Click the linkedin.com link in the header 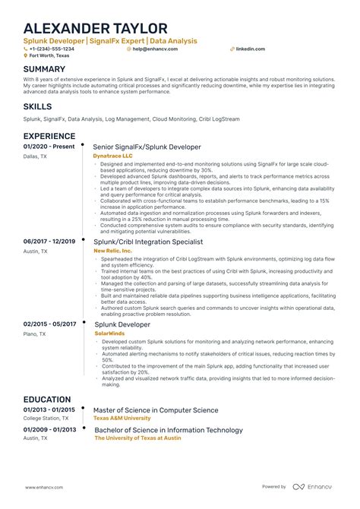(250, 48)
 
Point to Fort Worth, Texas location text (51, 55)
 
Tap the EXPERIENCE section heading (49, 135)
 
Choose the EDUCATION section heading (48, 398)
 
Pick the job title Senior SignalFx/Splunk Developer (147, 147)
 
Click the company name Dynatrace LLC (113, 155)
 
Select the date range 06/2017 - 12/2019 (49, 242)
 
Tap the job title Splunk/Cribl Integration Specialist (148, 242)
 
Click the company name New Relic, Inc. (112, 250)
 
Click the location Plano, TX (35, 334)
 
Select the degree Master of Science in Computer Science (156, 410)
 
